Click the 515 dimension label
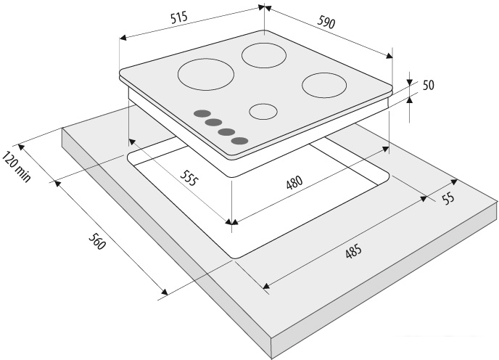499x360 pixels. (x=179, y=18)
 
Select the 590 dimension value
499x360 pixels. (x=326, y=22)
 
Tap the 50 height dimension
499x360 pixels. (x=429, y=85)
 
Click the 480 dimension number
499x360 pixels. (x=294, y=183)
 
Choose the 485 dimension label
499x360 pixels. (x=353, y=251)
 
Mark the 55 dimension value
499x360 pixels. (x=448, y=199)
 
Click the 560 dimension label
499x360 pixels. (x=96, y=242)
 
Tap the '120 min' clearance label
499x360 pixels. (x=17, y=167)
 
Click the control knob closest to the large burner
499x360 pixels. (x=202, y=114)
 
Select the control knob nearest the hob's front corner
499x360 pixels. (x=239, y=141)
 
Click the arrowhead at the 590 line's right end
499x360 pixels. (x=389, y=56)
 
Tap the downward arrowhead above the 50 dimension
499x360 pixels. (x=409, y=81)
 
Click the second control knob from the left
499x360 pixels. (x=213, y=122)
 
